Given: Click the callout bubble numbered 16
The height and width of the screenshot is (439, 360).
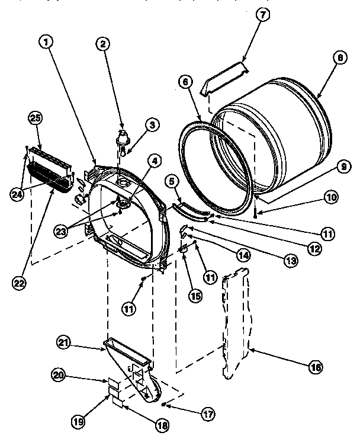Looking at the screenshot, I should (315, 368).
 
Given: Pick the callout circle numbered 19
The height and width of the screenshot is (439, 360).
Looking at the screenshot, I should (79, 421).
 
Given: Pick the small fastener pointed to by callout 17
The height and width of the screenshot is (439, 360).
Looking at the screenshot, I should (164, 403).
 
